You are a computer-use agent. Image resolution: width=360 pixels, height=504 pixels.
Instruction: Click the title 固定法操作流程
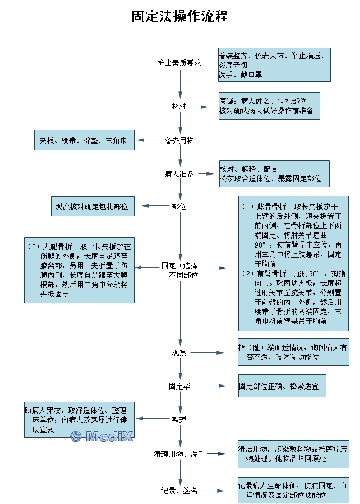pyautogui.click(x=180, y=16)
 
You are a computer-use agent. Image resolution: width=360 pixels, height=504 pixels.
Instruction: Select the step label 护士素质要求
pyautogui.click(x=179, y=63)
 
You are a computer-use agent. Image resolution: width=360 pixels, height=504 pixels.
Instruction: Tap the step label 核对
pyautogui.click(x=179, y=106)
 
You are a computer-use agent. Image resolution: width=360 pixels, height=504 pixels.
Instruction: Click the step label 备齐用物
pyautogui.click(x=179, y=140)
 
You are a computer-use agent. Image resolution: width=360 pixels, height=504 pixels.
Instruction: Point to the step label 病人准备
pyautogui.click(x=179, y=174)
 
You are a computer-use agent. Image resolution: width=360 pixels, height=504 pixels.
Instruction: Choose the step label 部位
pyautogui.click(x=179, y=207)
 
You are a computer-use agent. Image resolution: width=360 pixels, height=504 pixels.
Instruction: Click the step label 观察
pyautogui.click(x=179, y=352)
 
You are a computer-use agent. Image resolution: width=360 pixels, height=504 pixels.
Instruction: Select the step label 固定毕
pyautogui.click(x=179, y=386)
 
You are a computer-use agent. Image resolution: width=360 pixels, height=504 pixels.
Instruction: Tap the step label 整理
pyautogui.click(x=179, y=419)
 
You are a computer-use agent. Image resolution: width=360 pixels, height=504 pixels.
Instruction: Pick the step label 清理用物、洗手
pyautogui.click(x=179, y=453)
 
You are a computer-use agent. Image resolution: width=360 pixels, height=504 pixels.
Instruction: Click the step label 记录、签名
pyautogui.click(x=179, y=491)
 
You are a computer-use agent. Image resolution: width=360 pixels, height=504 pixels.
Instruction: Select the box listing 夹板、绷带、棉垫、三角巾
pyautogui.click(x=84, y=140)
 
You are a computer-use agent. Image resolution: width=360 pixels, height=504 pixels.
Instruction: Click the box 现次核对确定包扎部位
pyautogui.click(x=92, y=207)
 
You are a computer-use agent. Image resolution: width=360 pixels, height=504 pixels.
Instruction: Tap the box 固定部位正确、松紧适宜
pyautogui.click(x=282, y=386)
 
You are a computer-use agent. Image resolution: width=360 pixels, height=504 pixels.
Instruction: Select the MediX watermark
pyautogui.click(x=101, y=436)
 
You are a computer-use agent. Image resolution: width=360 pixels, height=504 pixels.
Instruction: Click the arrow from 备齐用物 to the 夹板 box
pyautogui.click(x=149, y=140)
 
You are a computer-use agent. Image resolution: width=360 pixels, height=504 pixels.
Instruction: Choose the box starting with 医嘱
pyautogui.click(x=269, y=106)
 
